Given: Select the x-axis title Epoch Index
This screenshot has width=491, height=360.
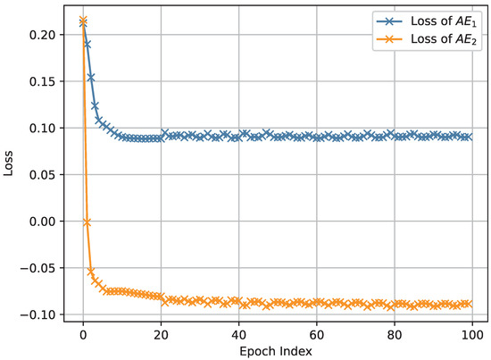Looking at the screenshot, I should pyautogui.click(x=275, y=351).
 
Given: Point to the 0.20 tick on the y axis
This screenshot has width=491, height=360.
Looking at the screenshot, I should pyautogui.click(x=43, y=35).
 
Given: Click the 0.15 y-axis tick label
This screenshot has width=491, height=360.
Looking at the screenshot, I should pyautogui.click(x=43, y=81).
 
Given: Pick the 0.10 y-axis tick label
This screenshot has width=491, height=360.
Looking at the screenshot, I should pyautogui.click(x=43, y=128).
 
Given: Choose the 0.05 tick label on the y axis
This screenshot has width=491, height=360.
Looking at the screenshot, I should pyautogui.click(x=43, y=174).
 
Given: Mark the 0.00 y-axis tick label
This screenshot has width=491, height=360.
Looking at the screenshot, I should pyautogui.click(x=43, y=221).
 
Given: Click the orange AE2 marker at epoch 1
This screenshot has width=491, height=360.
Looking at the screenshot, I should pyautogui.click(x=87, y=222).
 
